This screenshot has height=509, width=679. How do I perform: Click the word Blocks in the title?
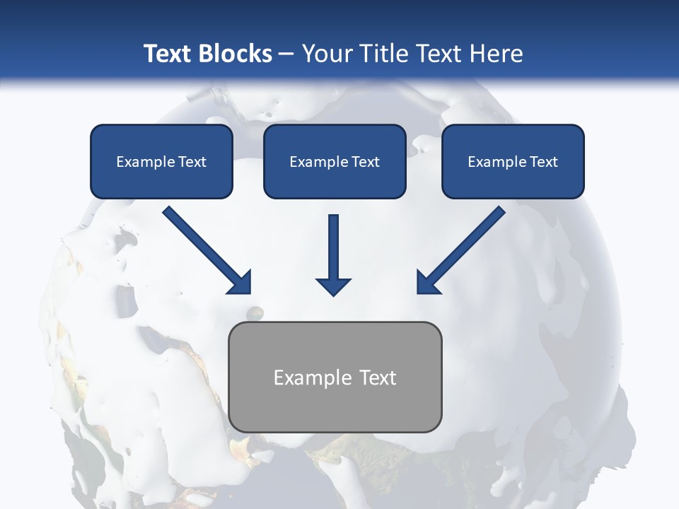tap(234, 54)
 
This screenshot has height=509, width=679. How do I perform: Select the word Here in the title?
tap(494, 54)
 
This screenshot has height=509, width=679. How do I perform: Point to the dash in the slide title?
tap(286, 54)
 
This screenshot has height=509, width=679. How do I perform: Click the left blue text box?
tap(161, 161)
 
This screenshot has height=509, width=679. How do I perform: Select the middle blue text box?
tap(335, 161)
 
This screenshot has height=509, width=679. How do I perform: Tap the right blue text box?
tap(513, 161)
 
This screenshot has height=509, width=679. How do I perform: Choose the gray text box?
tap(335, 377)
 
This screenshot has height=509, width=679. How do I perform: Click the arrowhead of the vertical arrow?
tap(333, 285)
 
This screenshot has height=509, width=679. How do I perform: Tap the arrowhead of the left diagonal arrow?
tap(240, 283)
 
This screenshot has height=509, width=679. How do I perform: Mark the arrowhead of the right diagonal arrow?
tap(427, 283)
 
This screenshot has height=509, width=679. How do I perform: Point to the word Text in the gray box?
tap(378, 378)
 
